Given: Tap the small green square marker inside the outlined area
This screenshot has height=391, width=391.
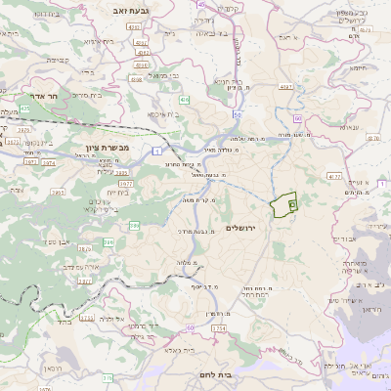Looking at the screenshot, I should pyautogui.click(x=292, y=204).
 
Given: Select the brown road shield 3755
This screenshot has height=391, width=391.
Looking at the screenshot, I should pyautogui.click(x=86, y=318).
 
